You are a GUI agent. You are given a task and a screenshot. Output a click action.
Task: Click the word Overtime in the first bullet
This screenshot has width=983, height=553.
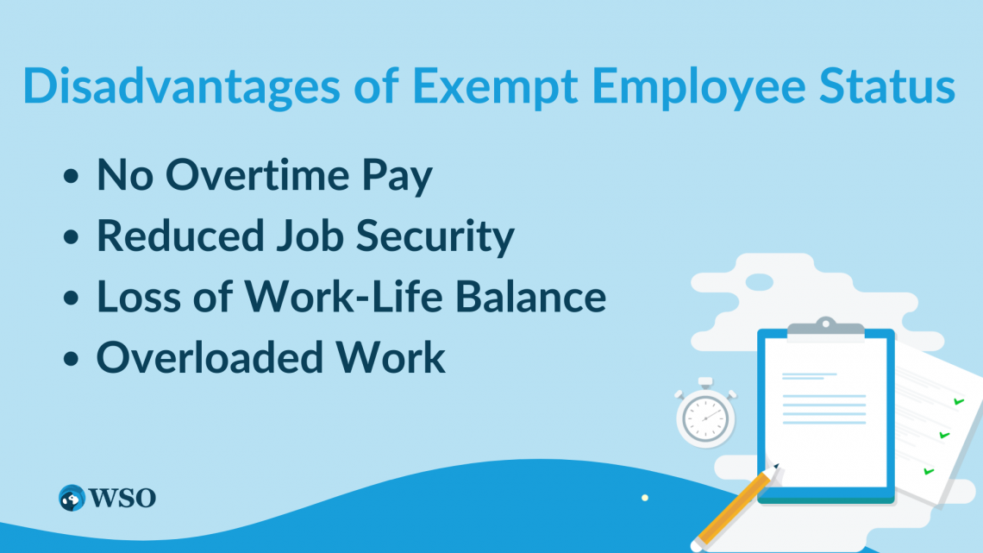257,175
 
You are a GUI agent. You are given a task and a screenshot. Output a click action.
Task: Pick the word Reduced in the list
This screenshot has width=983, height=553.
180,236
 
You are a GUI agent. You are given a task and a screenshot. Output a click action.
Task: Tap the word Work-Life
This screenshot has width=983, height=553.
344,296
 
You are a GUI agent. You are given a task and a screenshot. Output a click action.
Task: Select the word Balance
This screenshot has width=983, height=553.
530,296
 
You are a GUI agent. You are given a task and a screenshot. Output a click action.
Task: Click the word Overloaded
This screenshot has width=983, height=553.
210,357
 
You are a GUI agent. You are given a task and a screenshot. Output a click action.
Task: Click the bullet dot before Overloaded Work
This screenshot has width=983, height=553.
72,359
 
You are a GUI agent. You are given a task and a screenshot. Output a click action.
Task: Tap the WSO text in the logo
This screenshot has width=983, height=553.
122,498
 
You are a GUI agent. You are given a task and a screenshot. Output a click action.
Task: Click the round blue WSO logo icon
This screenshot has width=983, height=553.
72,498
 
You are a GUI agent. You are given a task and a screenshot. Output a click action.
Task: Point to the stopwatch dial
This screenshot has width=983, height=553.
705,418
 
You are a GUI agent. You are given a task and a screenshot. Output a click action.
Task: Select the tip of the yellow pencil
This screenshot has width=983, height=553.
777,466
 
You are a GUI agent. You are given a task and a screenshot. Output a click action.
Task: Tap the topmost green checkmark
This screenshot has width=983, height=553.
959,401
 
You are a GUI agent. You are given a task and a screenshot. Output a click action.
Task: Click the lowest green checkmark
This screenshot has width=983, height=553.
929,471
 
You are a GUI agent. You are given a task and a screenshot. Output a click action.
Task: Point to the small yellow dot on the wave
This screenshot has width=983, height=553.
644,498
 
